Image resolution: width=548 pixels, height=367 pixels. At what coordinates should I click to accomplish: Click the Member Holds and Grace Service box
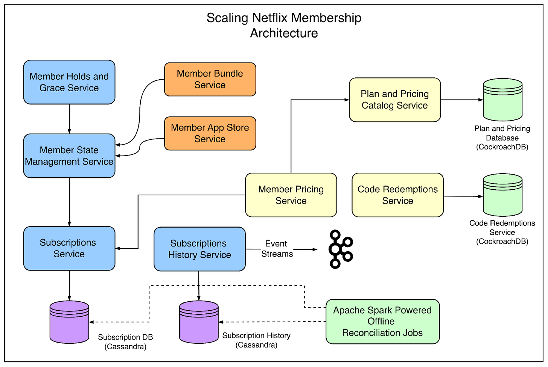pos(69,82)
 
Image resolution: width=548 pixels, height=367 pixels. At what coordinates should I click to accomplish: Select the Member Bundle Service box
pos(210,79)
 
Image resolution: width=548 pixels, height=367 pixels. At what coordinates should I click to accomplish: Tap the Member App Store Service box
pos(210,133)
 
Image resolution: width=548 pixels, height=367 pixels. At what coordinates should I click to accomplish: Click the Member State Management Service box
pos(69,156)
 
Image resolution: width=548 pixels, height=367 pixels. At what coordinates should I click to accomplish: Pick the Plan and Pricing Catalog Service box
pos(394,100)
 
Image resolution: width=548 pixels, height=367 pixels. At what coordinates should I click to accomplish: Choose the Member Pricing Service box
pos(291,195)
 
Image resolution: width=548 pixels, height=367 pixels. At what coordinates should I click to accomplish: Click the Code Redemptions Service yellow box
pos(397,195)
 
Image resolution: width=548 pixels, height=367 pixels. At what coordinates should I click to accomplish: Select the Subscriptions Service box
pos(69,248)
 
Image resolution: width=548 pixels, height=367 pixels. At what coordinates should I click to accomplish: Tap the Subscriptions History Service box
pos(199,249)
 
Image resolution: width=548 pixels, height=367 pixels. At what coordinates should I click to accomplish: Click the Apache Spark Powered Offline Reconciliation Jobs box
pos(382,321)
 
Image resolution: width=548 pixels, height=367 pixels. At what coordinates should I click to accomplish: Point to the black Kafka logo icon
pos(340,249)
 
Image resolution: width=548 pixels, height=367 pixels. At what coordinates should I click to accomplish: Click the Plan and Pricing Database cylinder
pos(502,100)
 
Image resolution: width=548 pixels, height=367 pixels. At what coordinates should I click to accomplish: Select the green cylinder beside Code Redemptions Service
pos(502,195)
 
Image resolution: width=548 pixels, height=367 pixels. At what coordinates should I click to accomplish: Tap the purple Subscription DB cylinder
pos(69,322)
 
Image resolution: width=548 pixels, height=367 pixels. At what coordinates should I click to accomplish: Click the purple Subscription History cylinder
pos(199,322)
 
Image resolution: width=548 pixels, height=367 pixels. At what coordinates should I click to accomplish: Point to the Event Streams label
pos(277,249)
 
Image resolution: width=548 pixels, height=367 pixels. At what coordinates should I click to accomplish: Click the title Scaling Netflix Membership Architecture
pos(284,25)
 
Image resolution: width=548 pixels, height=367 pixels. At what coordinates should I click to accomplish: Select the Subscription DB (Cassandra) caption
pos(125,342)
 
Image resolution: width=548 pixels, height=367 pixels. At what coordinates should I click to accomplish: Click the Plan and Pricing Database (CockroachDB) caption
pos(502,137)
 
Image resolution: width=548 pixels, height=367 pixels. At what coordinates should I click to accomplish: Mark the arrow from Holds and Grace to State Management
pos(69,119)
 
